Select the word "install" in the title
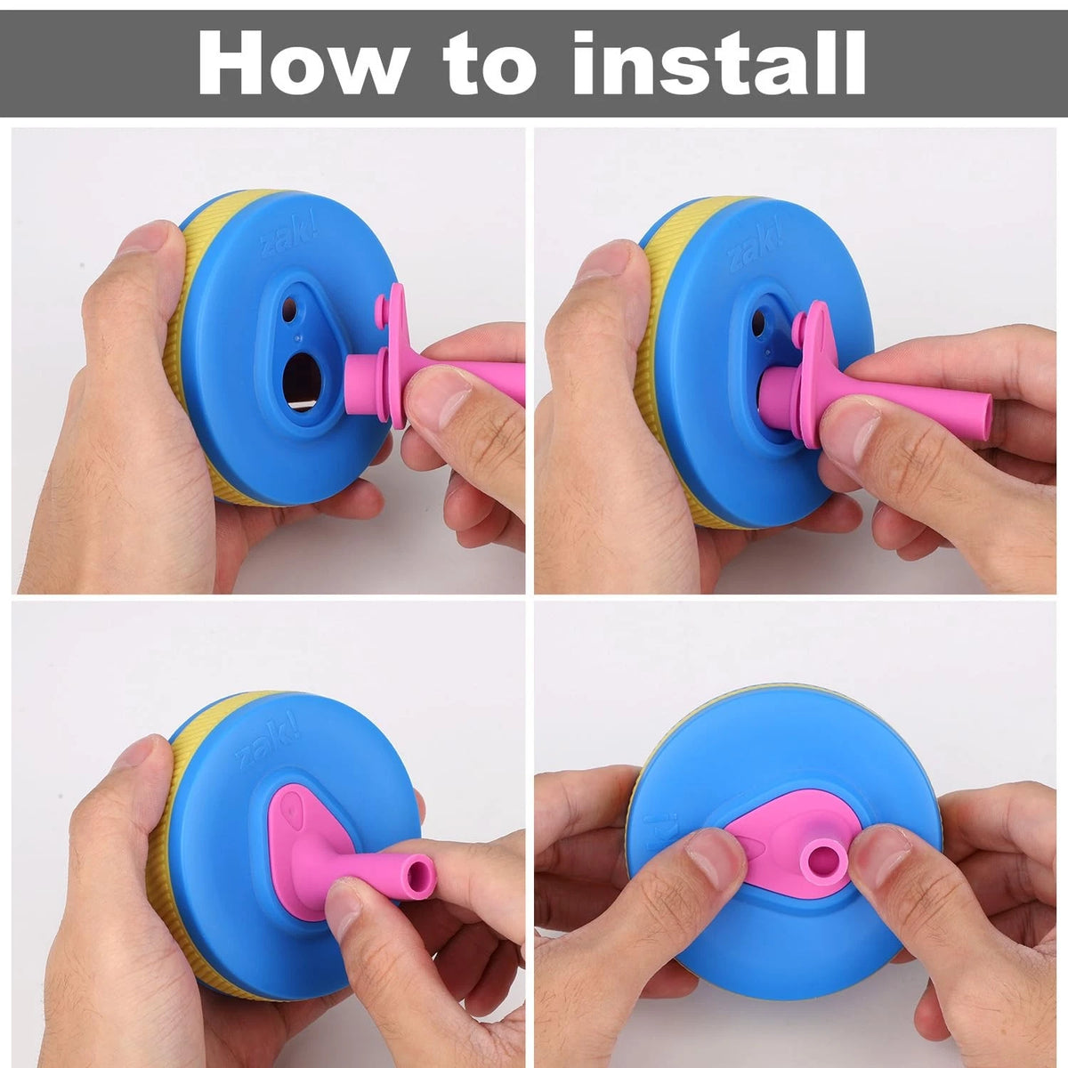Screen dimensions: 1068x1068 [719, 62]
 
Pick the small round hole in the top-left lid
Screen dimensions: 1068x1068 [290, 309]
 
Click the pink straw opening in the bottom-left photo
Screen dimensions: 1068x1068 [419, 874]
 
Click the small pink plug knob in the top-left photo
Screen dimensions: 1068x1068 [381, 312]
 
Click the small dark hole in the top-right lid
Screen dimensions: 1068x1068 [758, 322]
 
